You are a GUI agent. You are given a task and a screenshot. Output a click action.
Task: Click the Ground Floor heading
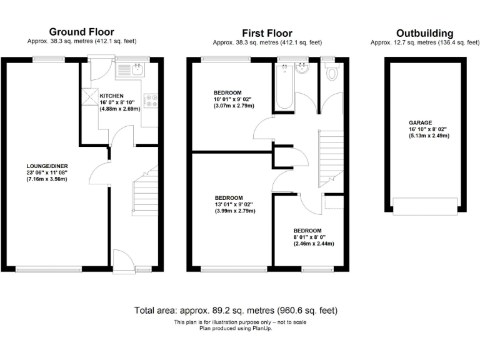coord(81,32)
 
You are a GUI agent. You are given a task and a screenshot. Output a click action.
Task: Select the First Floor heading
coord(267,33)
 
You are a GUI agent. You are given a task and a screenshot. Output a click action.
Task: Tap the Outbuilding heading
coord(424,33)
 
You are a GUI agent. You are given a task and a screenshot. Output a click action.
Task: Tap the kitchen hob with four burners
coord(151,101)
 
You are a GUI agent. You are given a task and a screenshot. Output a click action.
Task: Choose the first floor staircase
coord(331,159)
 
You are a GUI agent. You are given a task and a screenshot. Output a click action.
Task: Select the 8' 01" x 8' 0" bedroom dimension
coord(315,236)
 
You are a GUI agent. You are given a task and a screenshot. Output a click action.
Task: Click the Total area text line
coord(239,311)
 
